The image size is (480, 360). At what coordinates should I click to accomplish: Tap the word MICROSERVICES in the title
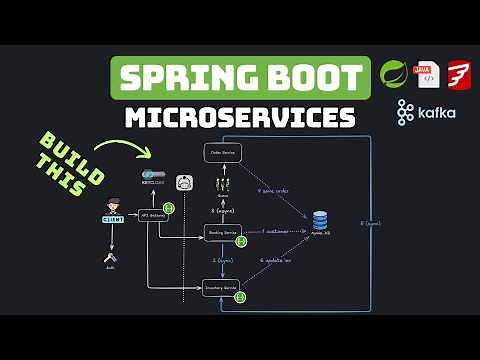click(240, 118)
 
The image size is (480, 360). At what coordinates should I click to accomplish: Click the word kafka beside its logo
click(438, 112)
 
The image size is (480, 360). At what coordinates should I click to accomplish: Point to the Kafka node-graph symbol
click(405, 112)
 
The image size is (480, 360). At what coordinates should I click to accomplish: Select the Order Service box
click(222, 150)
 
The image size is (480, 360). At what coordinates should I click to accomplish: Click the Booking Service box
click(222, 232)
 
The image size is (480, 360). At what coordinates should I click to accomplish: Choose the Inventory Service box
click(222, 289)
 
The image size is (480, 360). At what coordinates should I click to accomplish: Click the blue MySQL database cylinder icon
click(320, 219)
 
